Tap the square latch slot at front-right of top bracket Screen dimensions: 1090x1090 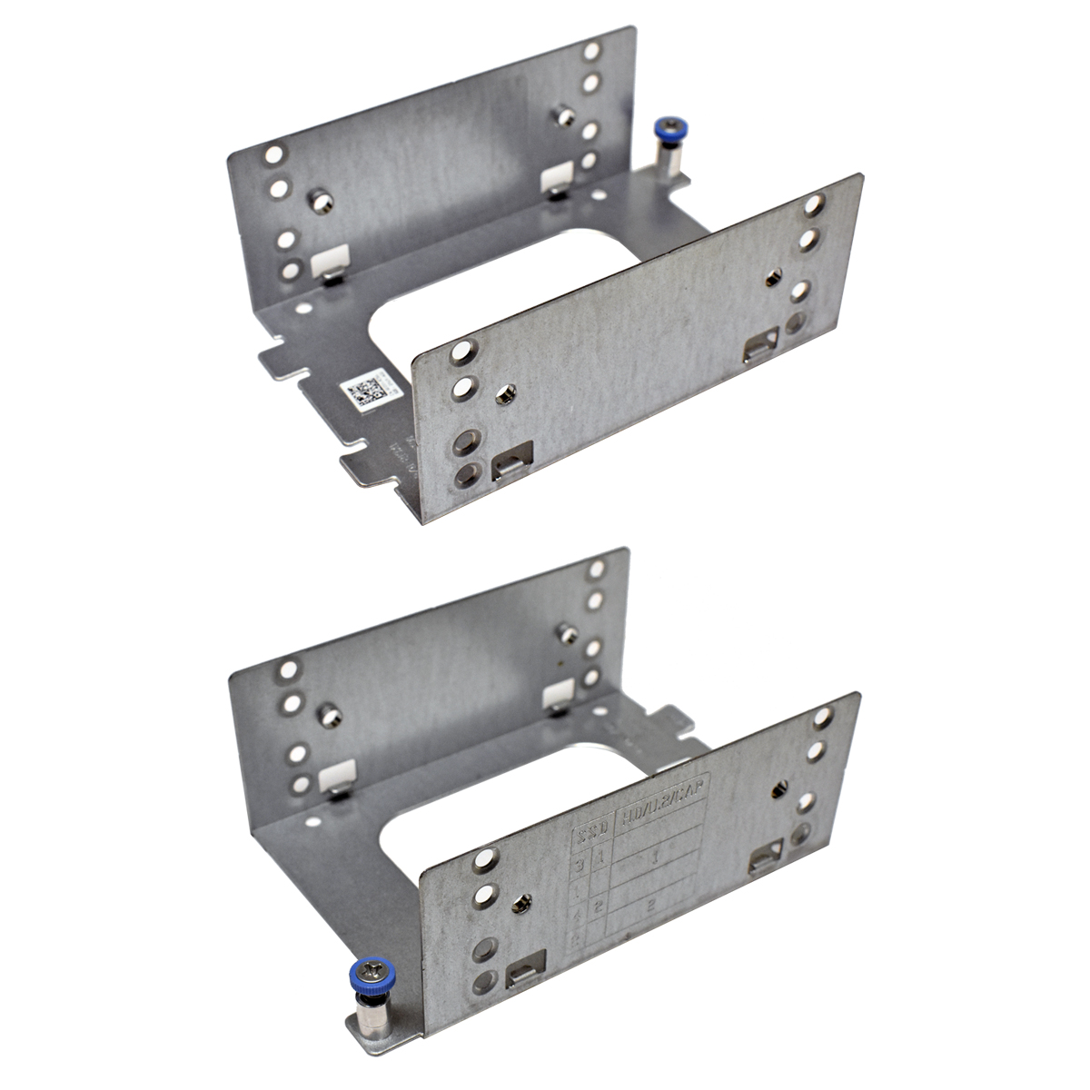[761, 344]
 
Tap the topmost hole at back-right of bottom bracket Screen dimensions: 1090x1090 [596, 570]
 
